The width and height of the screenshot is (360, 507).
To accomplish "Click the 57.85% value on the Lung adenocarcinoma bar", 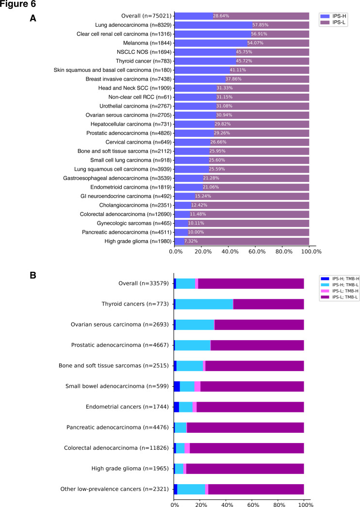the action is coord(261,25).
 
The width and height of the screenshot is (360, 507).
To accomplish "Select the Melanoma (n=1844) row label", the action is coord(147,43).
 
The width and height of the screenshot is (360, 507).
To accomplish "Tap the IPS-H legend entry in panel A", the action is coord(333,16).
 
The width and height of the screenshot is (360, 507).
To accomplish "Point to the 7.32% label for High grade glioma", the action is coord(191,241).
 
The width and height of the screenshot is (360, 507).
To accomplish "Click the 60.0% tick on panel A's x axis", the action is coord(257,252).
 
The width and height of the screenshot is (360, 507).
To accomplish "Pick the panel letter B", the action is coord(33,275).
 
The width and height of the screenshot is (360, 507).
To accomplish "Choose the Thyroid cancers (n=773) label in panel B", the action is coord(135,304).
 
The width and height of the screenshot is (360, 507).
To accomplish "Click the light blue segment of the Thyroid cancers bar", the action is coord(204,304).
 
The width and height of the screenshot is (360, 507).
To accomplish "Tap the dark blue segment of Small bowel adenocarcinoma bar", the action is coord(177,386).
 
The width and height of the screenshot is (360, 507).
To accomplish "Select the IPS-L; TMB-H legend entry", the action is coord(340,291).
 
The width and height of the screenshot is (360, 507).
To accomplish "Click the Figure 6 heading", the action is coord(18,4).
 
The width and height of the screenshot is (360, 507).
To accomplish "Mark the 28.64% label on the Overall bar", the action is coord(221,16).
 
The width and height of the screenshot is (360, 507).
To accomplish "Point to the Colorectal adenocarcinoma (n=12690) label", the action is coord(126,214).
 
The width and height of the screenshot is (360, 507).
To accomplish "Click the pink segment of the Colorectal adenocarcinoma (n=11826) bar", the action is coord(187,448).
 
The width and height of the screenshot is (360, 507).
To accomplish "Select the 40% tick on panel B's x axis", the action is coord(227,505).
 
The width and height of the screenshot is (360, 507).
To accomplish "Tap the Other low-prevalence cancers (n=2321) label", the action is coord(115,489).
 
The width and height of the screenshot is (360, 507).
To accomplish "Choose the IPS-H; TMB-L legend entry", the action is coord(340,285).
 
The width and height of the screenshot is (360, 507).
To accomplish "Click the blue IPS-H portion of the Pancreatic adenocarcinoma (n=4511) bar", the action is coord(181,232).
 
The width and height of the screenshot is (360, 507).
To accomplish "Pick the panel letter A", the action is coord(33,18).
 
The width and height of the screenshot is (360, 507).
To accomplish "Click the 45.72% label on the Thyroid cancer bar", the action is coord(244,61).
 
